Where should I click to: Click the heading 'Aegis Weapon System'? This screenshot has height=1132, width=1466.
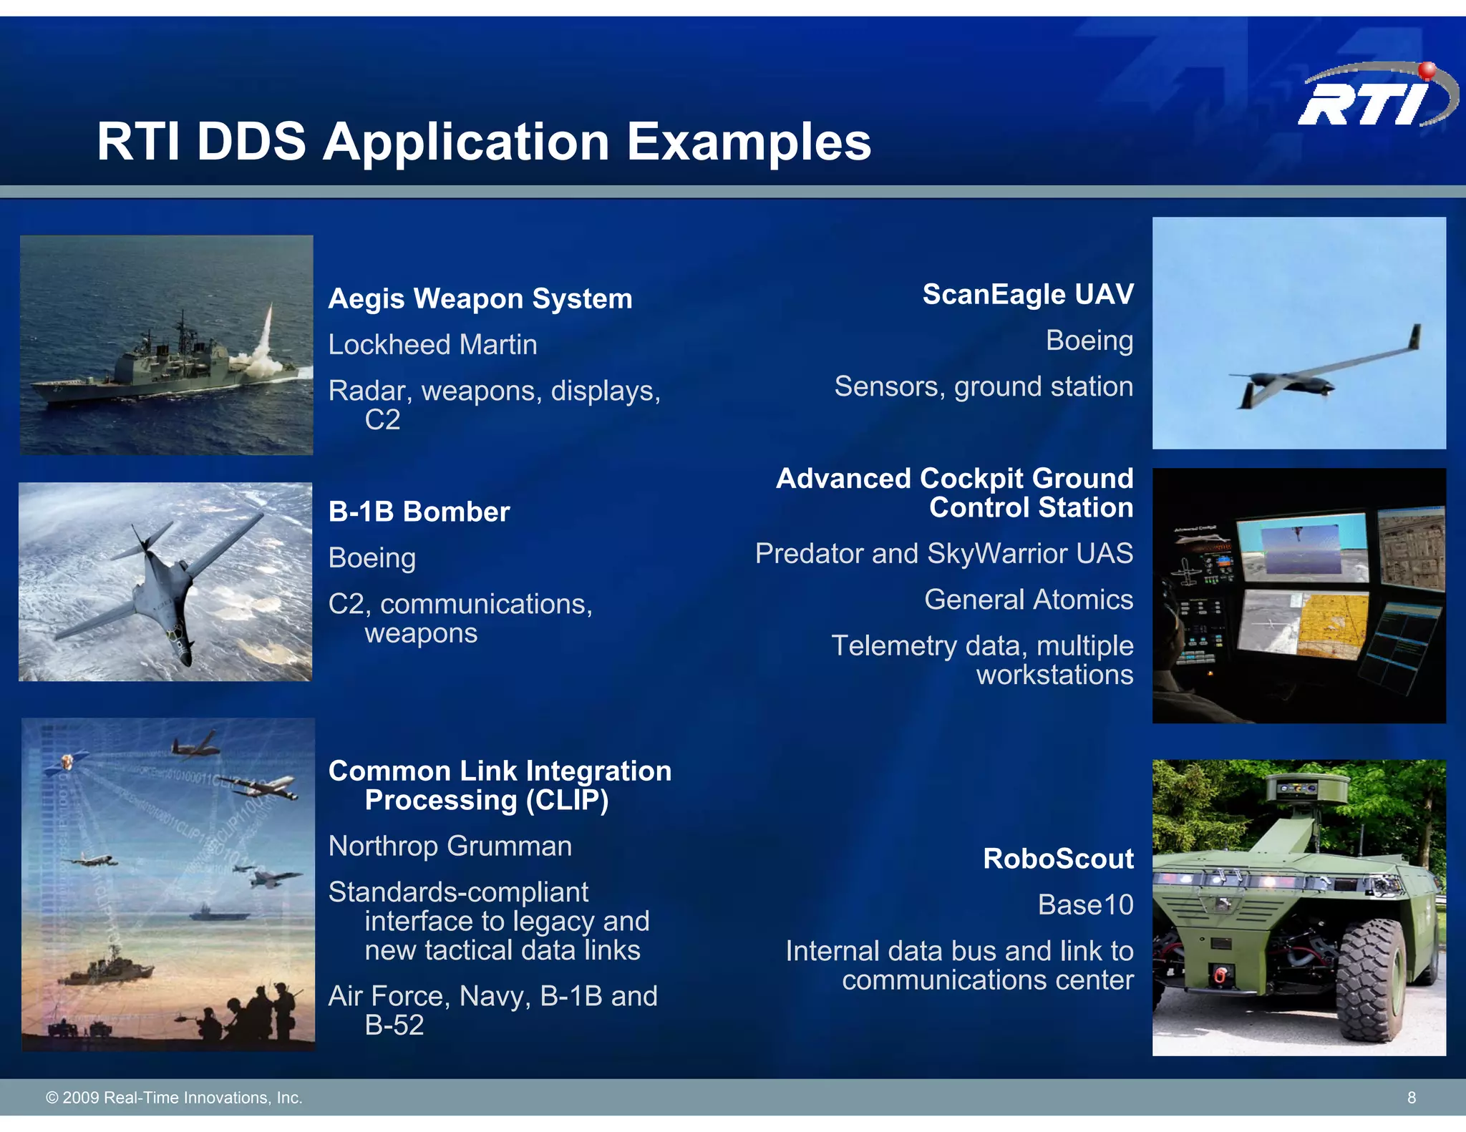480,299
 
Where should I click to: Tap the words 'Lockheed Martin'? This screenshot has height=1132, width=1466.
432,345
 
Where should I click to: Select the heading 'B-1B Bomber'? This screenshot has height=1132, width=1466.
419,512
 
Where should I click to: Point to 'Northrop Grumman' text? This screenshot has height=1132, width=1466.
450,846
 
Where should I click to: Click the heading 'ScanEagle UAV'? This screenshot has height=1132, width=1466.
1027,295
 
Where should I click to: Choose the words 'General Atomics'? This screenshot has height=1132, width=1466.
1028,600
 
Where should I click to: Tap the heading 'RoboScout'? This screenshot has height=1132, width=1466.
1058,859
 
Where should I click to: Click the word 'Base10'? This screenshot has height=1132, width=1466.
1085,905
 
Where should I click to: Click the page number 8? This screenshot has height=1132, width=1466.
1411,1098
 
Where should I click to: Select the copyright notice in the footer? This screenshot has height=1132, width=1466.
174,1098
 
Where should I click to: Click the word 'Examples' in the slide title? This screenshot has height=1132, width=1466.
749,142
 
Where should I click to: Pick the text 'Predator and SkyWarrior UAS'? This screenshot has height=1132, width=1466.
943,554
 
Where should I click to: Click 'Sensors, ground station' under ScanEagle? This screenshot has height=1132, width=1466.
983,387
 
